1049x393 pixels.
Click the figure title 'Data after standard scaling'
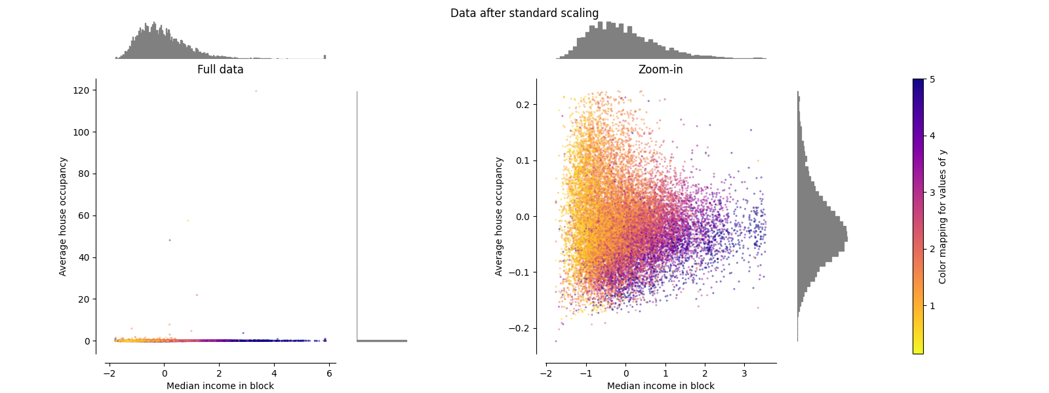pyautogui.click(x=524, y=13)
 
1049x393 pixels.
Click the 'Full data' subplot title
pyautogui.click(x=220, y=69)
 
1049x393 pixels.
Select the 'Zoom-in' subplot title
pyautogui.click(x=660, y=69)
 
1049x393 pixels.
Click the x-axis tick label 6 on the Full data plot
pyautogui.click(x=329, y=373)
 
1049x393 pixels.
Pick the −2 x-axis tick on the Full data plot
pyautogui.click(x=108, y=373)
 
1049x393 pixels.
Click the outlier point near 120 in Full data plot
pyautogui.click(x=256, y=91)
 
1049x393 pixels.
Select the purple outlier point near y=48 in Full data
pyautogui.click(x=170, y=240)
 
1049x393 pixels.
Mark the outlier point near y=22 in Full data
pyautogui.click(x=197, y=295)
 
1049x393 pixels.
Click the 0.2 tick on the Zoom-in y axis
pyautogui.click(x=522, y=105)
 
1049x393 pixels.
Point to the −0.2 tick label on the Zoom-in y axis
pyautogui.click(x=519, y=328)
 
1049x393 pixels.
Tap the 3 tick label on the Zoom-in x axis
pyautogui.click(x=744, y=373)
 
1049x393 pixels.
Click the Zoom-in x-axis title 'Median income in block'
pyautogui.click(x=660, y=386)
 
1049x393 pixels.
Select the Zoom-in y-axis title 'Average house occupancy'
pyautogui.click(x=499, y=216)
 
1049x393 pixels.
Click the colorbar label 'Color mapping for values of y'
pyautogui.click(x=943, y=216)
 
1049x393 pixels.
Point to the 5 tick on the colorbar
pyautogui.click(x=932, y=79)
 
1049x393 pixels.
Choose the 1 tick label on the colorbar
pyautogui.click(x=932, y=306)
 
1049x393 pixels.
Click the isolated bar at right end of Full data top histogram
pyautogui.click(x=325, y=56)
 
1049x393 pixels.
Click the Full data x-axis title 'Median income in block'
pyautogui.click(x=220, y=386)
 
